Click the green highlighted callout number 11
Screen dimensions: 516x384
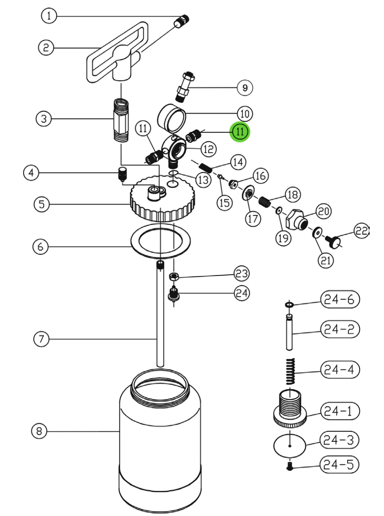(239, 132)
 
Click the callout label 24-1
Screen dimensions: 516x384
(339, 411)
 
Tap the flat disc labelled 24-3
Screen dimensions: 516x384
(290, 446)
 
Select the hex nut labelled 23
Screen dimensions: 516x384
(174, 276)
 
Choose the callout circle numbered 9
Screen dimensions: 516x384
(245, 88)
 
